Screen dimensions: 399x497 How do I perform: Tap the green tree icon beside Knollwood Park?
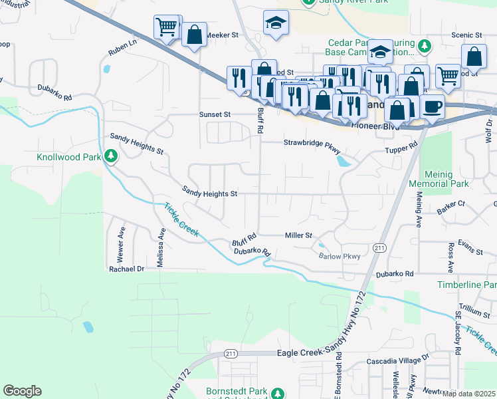pyautogui.click(x=112, y=156)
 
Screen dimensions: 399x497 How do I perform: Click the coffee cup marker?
pyautogui.click(x=432, y=106)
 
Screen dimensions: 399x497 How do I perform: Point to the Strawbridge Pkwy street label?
pyautogui.click(x=312, y=142)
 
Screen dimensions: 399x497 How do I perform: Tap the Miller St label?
pyautogui.click(x=298, y=235)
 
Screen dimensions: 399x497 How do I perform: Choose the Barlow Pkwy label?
pyautogui.click(x=339, y=256)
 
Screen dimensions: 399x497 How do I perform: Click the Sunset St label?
pyautogui.click(x=215, y=114)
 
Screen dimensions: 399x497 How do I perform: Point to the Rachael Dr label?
pyautogui.click(x=126, y=269)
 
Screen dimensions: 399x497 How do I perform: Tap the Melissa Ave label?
pyautogui.click(x=161, y=247)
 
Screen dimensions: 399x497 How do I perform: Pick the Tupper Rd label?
pyautogui.click(x=401, y=148)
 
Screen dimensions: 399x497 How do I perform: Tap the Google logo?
pyautogui.click(x=22, y=391)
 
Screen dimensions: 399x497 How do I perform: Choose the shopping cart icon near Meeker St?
pyautogui.click(x=166, y=27)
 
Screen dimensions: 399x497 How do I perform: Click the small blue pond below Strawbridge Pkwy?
pyautogui.click(x=342, y=161)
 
